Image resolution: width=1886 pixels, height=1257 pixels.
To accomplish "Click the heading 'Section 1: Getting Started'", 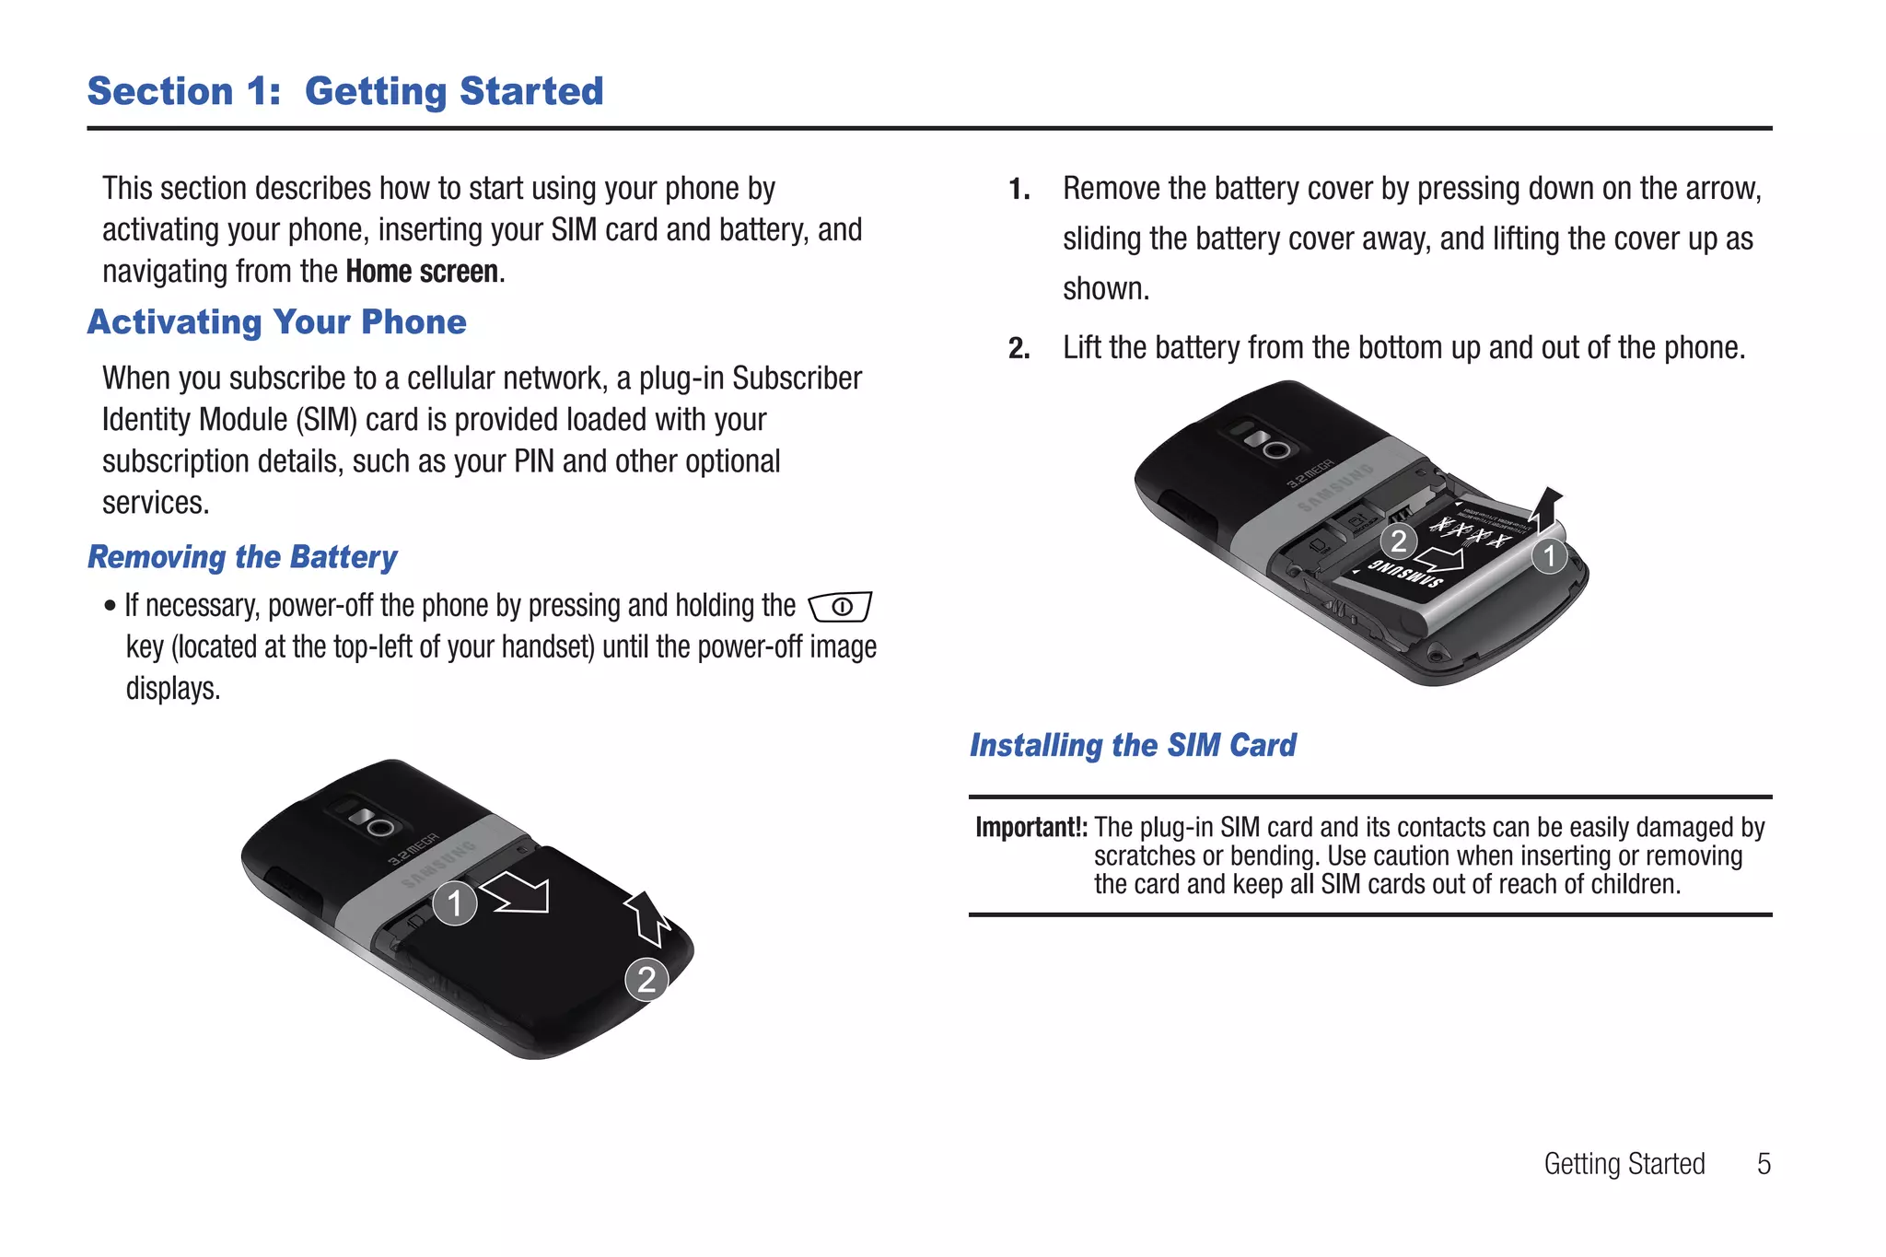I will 345,91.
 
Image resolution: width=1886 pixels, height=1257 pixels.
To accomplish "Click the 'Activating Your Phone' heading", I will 276,322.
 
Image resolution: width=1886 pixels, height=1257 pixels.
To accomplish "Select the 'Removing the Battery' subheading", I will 242,557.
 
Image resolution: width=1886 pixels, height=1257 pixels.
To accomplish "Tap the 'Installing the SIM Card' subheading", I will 1133,745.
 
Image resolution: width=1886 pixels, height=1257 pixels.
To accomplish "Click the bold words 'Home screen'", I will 423,273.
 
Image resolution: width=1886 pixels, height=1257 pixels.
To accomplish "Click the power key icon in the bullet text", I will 840,607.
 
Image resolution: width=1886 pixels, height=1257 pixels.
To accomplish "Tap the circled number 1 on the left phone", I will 455,903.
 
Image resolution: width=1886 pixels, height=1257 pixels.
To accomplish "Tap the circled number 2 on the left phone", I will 646,979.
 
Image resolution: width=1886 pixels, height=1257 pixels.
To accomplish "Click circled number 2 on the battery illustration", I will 1398,541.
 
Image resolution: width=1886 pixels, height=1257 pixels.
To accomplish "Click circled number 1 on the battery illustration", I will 1550,555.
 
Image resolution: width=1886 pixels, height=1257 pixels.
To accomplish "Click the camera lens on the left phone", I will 380,826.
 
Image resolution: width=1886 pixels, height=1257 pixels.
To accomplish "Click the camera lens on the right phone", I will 1275,449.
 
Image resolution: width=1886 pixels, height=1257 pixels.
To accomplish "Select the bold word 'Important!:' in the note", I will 1031,828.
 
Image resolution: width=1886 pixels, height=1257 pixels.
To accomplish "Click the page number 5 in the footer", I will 1764,1164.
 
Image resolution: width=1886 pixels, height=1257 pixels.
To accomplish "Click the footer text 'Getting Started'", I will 1624,1164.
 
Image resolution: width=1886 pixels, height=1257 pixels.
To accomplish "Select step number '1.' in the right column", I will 1019,190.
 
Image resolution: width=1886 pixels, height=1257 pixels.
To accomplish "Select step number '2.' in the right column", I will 1019,349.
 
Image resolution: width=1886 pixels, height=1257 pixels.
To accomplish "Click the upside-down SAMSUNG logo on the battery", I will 1404,574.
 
